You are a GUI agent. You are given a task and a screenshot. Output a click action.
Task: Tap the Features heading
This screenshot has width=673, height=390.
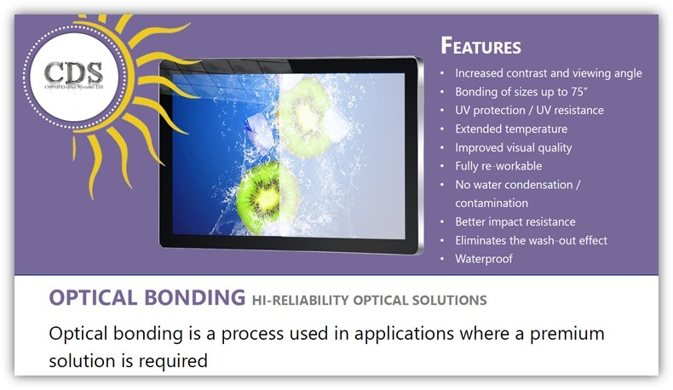(x=480, y=46)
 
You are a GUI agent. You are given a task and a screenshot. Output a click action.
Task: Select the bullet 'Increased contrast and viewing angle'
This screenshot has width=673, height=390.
(x=548, y=73)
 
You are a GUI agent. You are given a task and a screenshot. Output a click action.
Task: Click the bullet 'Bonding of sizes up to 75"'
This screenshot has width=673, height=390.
(x=517, y=92)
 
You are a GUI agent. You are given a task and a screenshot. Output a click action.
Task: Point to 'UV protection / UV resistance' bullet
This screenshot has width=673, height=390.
(x=529, y=111)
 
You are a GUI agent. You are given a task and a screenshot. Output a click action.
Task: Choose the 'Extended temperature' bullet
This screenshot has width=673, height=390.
(x=510, y=129)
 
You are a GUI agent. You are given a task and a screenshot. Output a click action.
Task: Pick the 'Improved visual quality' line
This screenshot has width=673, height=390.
(x=513, y=147)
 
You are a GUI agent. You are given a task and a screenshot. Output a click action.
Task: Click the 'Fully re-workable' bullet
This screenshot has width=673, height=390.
(x=498, y=166)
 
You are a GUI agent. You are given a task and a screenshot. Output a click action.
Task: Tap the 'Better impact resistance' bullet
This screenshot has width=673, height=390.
(x=515, y=221)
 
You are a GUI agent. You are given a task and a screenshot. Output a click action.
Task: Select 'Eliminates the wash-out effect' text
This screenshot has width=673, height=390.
(x=531, y=240)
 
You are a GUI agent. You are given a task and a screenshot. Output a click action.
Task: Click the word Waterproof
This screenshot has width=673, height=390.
(x=483, y=259)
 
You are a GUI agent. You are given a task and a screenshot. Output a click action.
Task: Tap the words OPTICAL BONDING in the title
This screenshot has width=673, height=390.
(x=147, y=298)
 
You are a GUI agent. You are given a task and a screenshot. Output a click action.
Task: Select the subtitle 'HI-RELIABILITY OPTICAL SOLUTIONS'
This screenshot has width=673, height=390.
(x=369, y=300)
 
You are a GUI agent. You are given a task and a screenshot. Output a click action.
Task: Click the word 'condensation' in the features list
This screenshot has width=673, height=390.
(x=563, y=185)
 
